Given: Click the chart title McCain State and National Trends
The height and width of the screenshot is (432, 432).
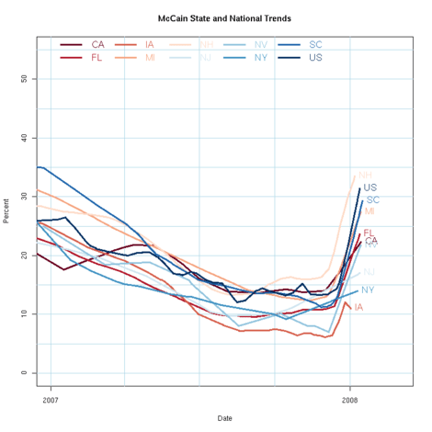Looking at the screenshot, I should (x=224, y=17).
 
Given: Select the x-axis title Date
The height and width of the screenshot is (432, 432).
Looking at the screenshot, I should (x=224, y=417).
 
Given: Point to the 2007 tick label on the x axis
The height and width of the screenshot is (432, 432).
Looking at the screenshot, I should (x=50, y=401).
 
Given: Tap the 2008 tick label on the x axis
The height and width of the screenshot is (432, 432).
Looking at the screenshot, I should (x=349, y=401).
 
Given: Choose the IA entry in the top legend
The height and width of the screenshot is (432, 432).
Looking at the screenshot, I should (x=151, y=44).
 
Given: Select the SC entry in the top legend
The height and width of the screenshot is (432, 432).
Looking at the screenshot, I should (x=315, y=44).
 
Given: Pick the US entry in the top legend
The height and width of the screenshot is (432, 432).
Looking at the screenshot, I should (x=315, y=57).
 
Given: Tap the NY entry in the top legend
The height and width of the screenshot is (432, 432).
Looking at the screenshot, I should (x=261, y=57).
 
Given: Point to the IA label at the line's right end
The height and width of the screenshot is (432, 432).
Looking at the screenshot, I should (x=358, y=307).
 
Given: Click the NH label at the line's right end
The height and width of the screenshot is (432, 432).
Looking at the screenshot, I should (x=365, y=175).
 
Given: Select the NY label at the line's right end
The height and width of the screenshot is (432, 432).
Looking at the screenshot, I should (x=368, y=290).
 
